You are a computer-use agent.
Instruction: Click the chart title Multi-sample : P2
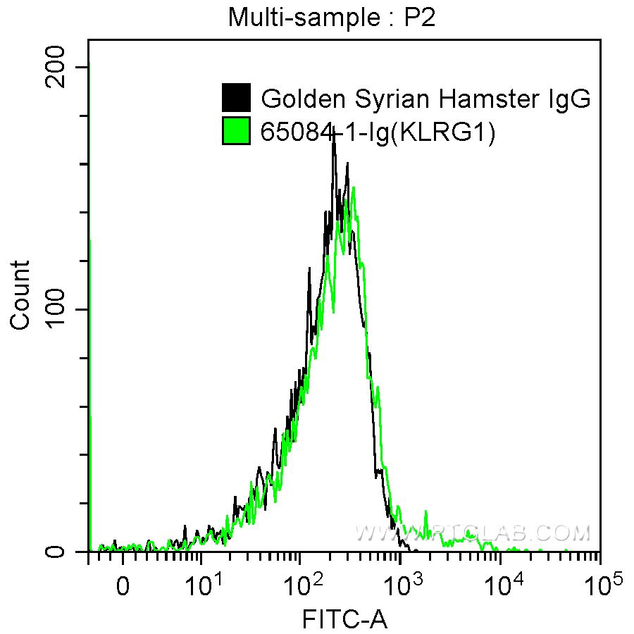coord(332,17)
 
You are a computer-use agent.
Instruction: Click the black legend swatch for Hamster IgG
coord(236,98)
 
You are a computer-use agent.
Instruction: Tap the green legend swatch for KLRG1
coord(236,131)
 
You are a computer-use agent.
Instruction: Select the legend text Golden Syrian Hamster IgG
coord(425,99)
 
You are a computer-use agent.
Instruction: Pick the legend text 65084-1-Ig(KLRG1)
coord(378,132)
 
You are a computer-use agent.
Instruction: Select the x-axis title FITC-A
coord(344,619)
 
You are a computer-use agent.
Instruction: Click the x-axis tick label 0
coord(123,585)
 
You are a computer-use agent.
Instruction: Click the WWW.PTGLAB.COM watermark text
coord(472,533)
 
